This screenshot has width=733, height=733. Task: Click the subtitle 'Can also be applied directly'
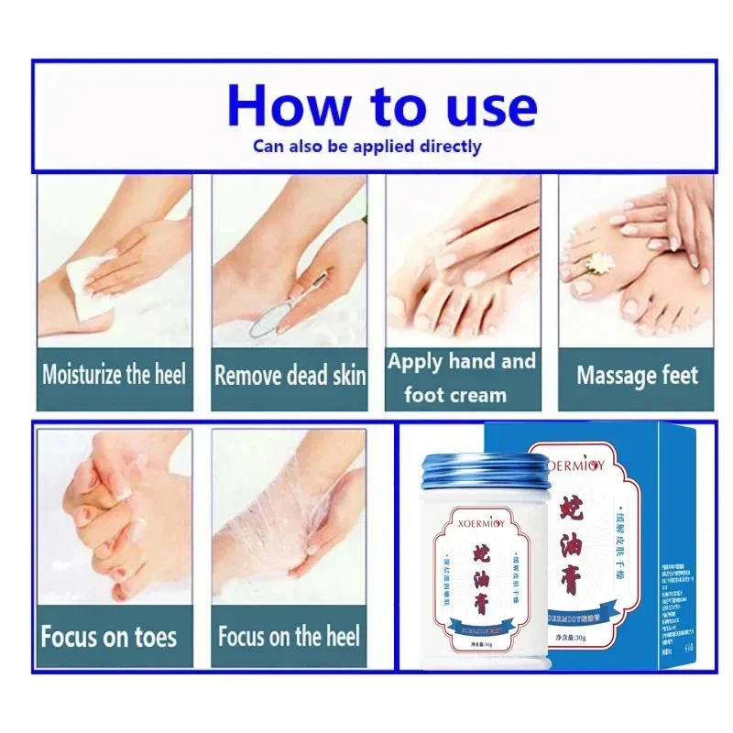coord(366,146)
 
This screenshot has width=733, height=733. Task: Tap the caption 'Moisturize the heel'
coord(115,374)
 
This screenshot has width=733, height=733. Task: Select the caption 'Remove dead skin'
coord(290,375)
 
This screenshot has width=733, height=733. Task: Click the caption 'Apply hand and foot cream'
coord(461,377)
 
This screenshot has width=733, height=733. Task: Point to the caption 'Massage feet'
coord(637,375)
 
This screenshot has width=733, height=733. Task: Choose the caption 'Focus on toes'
coord(109,636)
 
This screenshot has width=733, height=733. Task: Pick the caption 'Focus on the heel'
coord(290,636)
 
